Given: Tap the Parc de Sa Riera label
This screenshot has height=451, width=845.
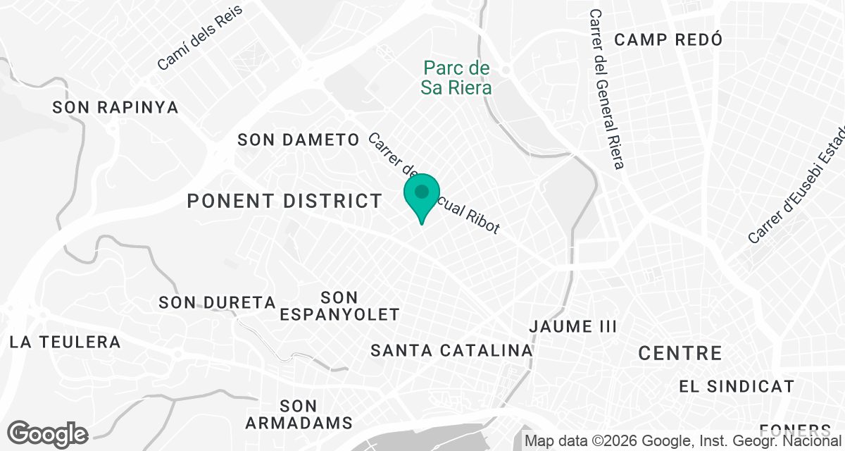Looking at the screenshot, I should click(x=456, y=78).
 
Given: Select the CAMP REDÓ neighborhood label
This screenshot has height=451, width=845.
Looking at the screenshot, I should click(x=668, y=39).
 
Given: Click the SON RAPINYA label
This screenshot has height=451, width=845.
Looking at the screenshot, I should click(x=115, y=108).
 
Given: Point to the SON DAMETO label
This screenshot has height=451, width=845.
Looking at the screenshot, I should click(x=299, y=140).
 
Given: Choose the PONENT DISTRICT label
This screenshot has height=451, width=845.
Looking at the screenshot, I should click(x=284, y=202).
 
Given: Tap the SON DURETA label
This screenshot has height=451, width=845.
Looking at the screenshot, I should click(x=217, y=303).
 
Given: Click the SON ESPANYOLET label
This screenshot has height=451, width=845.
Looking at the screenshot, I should click(x=339, y=306).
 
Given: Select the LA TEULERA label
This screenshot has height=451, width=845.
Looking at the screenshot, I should click(x=65, y=342).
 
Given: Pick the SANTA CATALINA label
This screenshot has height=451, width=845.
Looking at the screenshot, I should click(x=451, y=350).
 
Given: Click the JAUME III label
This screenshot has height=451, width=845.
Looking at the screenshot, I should click(x=573, y=327).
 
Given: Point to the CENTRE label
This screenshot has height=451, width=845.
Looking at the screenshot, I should click(x=680, y=354).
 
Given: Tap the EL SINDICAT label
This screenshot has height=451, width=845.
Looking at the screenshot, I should click(x=737, y=387).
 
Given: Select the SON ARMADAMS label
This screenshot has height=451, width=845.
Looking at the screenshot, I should click(x=299, y=414).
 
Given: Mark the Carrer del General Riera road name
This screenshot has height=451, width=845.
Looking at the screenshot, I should click(x=607, y=89).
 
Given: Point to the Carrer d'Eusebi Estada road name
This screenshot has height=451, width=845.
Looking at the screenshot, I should click(x=796, y=185).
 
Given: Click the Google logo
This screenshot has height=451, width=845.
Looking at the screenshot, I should click(x=47, y=434).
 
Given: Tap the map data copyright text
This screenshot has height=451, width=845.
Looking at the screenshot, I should click(x=683, y=441).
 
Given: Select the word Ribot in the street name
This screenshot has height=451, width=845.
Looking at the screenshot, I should click(x=483, y=220).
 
